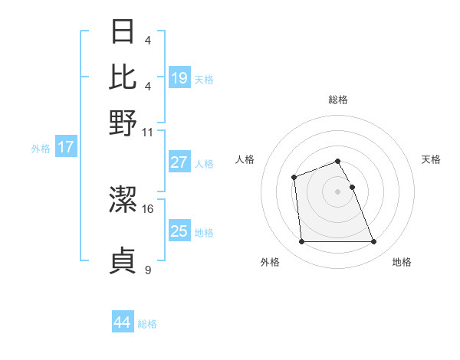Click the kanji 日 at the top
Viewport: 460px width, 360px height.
point(123,32)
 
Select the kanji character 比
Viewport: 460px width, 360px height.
point(123,77)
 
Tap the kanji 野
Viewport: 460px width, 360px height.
point(123,123)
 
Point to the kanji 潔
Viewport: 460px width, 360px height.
point(123,200)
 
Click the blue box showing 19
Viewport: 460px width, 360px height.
point(179,78)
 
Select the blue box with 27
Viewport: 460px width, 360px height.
point(179,162)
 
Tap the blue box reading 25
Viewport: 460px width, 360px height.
point(179,231)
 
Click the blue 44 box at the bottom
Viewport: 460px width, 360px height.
point(123,322)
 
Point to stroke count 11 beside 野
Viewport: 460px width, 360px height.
point(148,132)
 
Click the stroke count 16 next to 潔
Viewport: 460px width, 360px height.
point(148,208)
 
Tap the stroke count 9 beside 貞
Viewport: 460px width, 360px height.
point(148,269)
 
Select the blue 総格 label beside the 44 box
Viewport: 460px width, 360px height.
point(147,324)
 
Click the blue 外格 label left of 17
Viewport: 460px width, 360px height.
point(40,149)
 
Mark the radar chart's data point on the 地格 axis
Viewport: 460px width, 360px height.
point(373,242)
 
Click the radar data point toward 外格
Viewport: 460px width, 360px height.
point(301,242)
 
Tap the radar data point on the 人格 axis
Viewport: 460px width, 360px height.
point(294,178)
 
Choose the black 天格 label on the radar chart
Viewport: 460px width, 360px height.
point(431,159)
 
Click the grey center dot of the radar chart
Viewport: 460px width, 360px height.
point(337,191)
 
